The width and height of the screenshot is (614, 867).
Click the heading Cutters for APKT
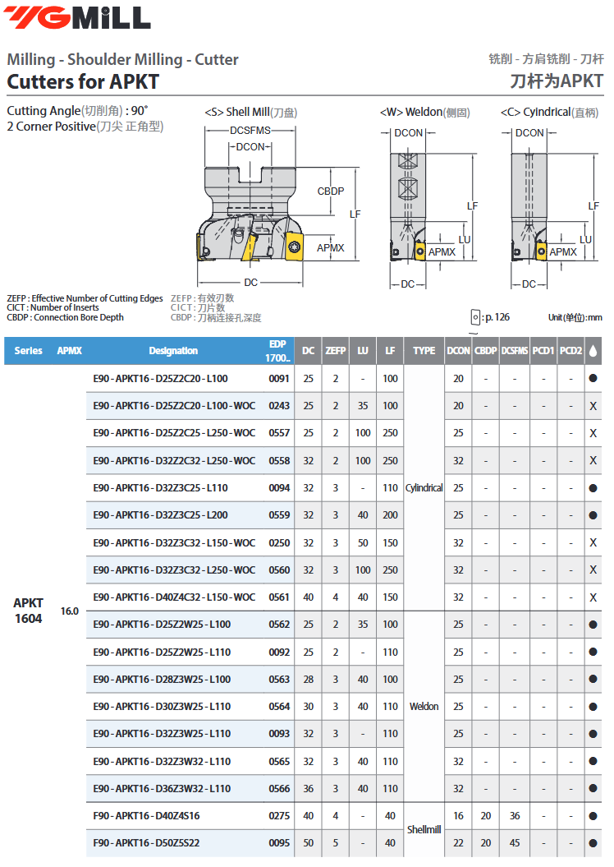coord(83,82)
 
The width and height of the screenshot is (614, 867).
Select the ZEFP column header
coord(335,351)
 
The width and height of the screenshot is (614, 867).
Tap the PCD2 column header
coord(570,351)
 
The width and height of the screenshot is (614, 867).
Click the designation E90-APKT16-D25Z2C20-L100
coord(160,379)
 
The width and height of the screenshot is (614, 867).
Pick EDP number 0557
coord(279,433)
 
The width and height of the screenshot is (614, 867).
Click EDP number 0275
coord(279,815)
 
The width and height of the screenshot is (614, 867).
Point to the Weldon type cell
coord(424,706)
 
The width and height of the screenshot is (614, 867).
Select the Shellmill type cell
coord(424,829)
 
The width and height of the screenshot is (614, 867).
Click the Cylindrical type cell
coord(424,487)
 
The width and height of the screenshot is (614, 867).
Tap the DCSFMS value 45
coord(514,842)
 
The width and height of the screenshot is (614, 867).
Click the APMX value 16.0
coord(70,611)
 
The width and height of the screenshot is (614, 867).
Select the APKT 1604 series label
coord(28,611)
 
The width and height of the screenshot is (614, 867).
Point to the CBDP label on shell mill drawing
coord(331,191)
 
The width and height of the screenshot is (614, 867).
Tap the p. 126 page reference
coord(497,317)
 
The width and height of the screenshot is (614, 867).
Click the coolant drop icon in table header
coord(593,351)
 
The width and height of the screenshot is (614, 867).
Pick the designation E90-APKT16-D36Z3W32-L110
coord(162,788)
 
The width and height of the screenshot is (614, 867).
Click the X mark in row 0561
coord(593,597)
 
